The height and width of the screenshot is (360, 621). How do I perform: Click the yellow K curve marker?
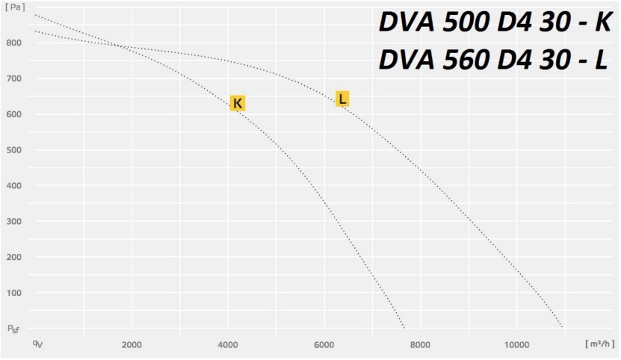[237, 103]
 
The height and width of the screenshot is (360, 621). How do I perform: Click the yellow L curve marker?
[342, 99]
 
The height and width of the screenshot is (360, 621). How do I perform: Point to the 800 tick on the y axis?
[13, 43]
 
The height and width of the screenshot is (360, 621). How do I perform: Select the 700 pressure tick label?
[13, 78]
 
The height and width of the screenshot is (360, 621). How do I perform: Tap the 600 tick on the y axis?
[13, 114]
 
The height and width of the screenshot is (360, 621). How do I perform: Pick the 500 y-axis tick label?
[13, 150]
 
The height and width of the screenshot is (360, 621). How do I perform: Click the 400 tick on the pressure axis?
[13, 185]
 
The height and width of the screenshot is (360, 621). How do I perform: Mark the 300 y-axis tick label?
[13, 221]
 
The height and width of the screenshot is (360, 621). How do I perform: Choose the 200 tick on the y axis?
[13, 257]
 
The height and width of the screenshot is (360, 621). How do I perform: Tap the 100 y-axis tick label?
[13, 293]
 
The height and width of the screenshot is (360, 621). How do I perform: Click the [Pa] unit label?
[13, 7]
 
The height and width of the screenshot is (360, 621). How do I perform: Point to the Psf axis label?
[13, 329]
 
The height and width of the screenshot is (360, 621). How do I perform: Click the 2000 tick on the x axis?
[132, 344]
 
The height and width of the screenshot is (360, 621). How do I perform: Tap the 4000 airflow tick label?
[227, 344]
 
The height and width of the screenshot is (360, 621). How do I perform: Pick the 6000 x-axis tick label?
[324, 344]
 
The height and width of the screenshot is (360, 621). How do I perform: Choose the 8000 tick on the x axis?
[420, 344]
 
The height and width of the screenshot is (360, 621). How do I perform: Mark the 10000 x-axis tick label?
[517, 344]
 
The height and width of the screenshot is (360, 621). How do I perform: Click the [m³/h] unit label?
[599, 344]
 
